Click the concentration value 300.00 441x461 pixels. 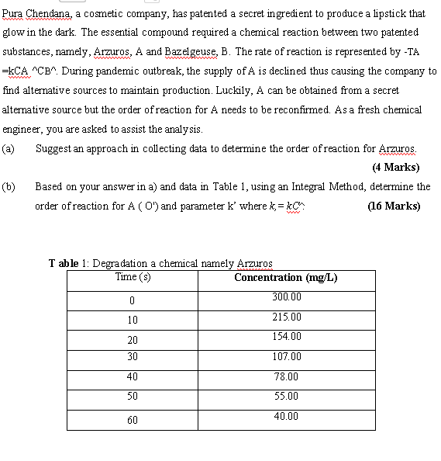coord(286,297)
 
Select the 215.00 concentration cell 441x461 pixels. coord(286,317)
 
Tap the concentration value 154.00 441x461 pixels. coord(286,336)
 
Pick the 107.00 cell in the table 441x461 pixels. coord(286,356)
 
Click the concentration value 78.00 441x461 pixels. coord(286,376)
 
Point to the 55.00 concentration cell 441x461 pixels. coord(286,396)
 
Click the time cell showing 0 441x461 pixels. coord(133,300)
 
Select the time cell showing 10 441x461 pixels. coord(133,320)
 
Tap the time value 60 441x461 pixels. coord(133,420)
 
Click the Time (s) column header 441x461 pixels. coord(133,277)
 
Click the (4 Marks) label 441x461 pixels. coord(395,167)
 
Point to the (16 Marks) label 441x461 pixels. coord(394,206)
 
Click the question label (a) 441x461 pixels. coord(9,148)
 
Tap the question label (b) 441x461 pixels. coord(9,187)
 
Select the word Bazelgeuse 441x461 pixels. coord(188,52)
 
